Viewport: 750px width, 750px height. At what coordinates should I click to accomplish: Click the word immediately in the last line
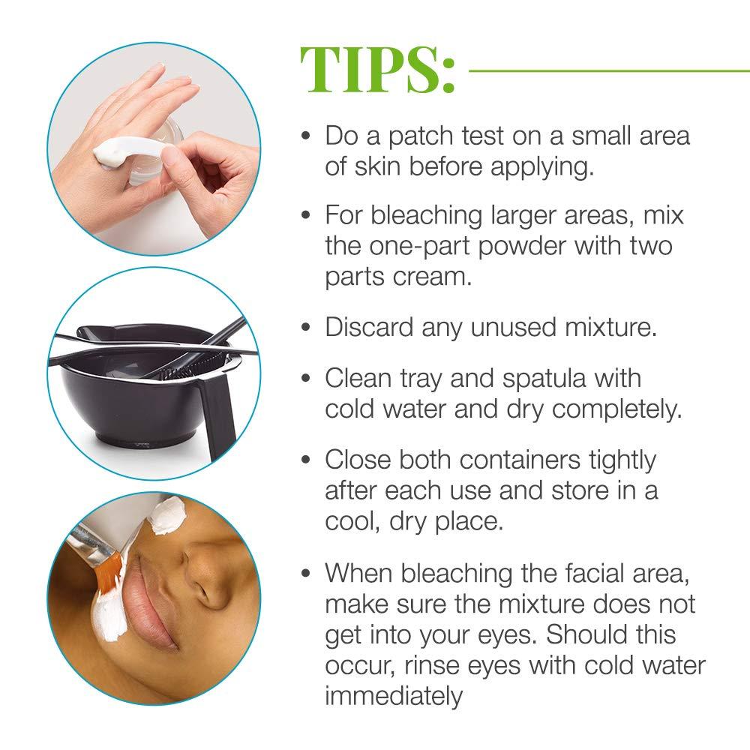click(394, 696)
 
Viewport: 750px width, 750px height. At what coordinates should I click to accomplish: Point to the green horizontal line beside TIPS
click(607, 70)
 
